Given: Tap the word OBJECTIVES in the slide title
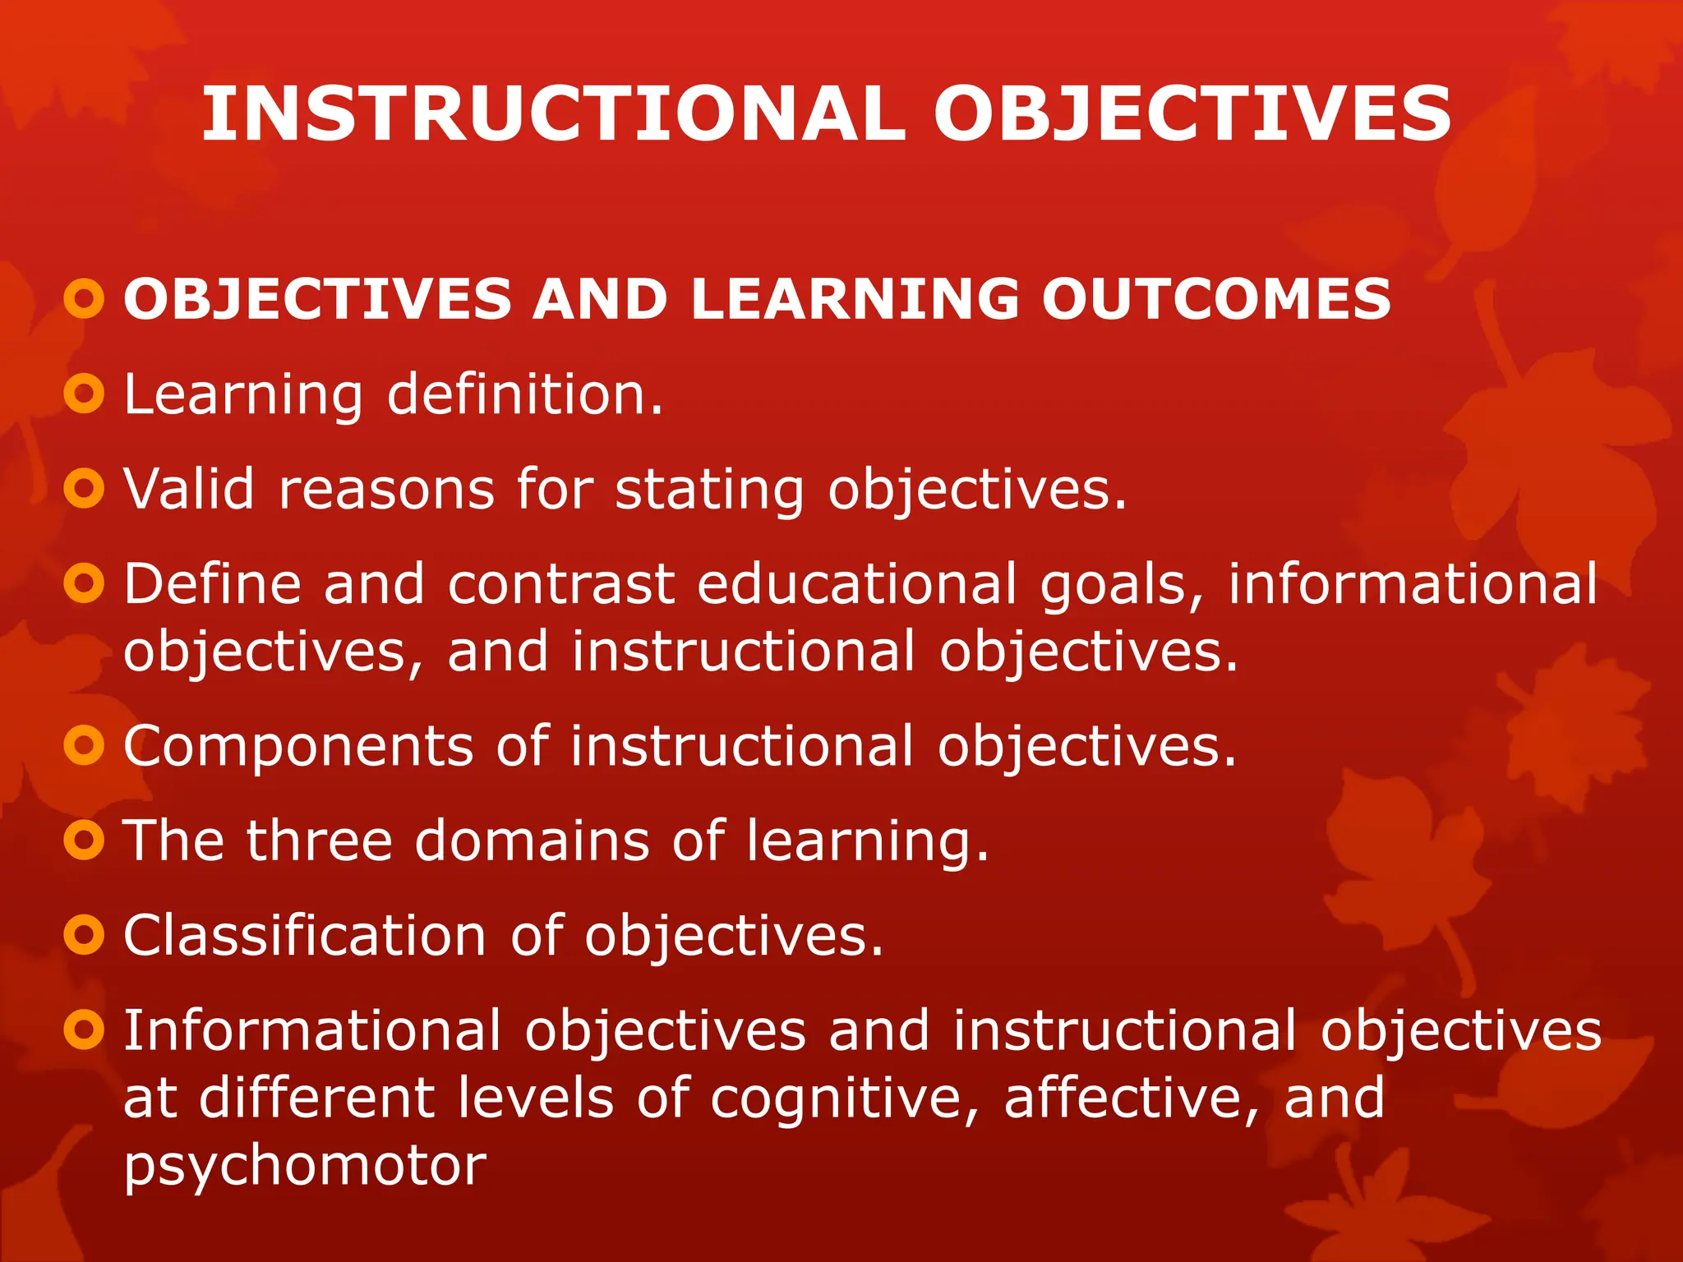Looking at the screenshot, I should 1192,114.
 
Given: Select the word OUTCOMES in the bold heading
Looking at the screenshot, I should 1216,299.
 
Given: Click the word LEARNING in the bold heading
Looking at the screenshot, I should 855,299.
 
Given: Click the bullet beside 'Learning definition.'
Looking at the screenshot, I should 84,394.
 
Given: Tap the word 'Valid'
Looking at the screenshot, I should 189,489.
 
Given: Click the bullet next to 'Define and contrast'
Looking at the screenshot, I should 84,583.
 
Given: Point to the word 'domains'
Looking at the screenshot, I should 532,841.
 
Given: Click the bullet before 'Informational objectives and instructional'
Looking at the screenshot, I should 84,1029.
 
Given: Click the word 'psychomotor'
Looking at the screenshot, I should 305,1168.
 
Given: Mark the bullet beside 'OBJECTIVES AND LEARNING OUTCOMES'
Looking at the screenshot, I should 84,299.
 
